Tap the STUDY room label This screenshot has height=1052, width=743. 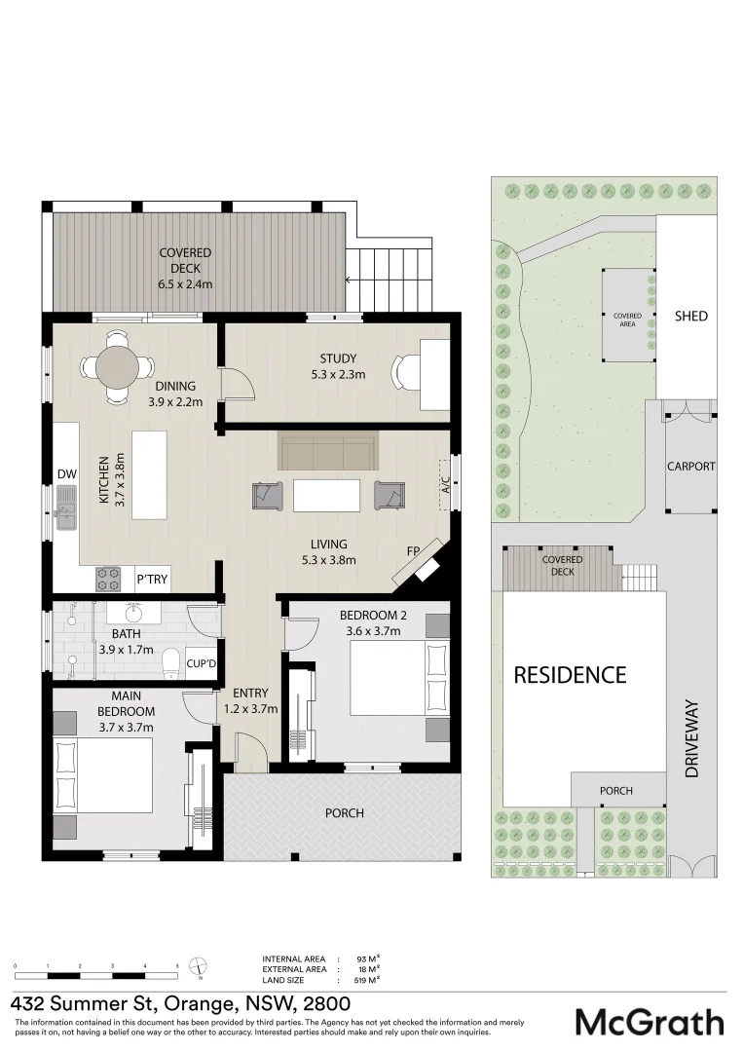coord(338,358)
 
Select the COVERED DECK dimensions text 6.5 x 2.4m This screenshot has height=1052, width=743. coord(185,284)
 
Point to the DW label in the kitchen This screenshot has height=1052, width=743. coord(66,474)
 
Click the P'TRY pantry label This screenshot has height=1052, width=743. coord(152,580)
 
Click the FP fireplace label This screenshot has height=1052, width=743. coord(413,551)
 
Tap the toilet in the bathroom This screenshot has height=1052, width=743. coord(171,661)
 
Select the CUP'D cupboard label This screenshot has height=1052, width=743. coord(202,663)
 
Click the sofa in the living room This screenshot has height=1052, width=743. coord(327,452)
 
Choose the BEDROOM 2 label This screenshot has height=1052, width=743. coord(373,616)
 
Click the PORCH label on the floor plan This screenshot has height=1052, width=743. coord(345,812)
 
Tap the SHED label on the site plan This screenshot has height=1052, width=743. coord(690,317)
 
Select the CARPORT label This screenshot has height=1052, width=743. coord(690,467)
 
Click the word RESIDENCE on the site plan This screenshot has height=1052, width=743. coord(570,674)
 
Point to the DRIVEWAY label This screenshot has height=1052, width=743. coord(692,737)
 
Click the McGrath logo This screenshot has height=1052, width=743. coord(650,1022)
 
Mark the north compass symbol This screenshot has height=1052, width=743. coord(199,967)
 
